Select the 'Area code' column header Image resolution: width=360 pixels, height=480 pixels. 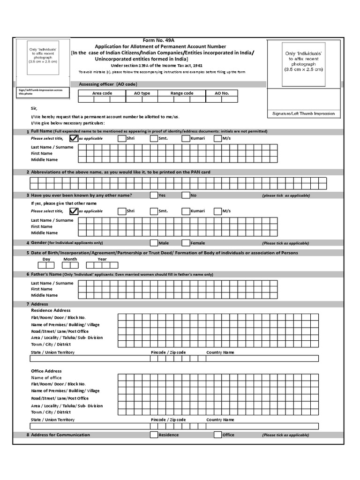click(102, 93)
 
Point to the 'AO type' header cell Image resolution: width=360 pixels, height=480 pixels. click(142, 93)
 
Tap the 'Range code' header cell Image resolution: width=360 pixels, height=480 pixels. click(182, 93)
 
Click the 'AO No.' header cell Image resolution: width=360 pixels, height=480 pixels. click(222, 93)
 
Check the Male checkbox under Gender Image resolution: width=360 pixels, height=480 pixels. click(154, 243)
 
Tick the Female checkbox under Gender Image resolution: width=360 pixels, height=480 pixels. click(186, 243)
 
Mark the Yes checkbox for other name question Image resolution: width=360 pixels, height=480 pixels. click(154, 195)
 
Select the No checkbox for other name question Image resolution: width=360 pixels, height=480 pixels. click(186, 195)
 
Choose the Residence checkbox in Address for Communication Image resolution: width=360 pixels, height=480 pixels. click(154, 435)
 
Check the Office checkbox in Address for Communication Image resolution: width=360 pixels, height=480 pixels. click(217, 435)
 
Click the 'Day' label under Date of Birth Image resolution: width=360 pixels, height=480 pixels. click(46, 259)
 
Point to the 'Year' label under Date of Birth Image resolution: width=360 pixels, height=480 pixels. click(102, 259)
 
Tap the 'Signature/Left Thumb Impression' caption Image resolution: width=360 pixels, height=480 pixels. click(303, 114)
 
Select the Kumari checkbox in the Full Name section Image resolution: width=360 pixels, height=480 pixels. click(186, 138)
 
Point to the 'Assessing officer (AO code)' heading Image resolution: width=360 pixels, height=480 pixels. click(108, 84)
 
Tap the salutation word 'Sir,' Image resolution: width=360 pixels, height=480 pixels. click(34, 108)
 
